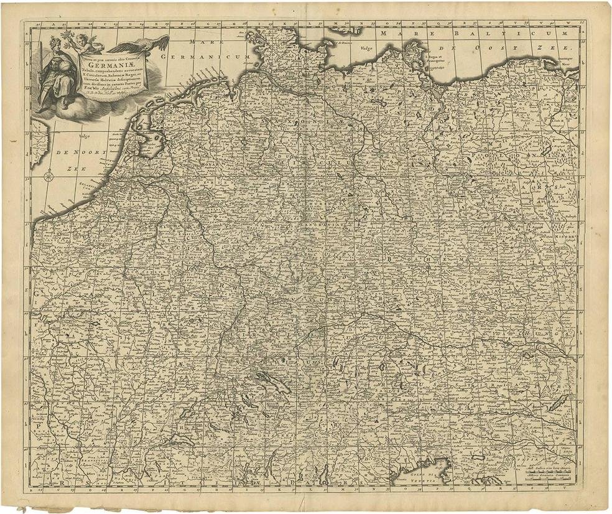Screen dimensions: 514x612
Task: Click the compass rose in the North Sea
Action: [x=48, y=178]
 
